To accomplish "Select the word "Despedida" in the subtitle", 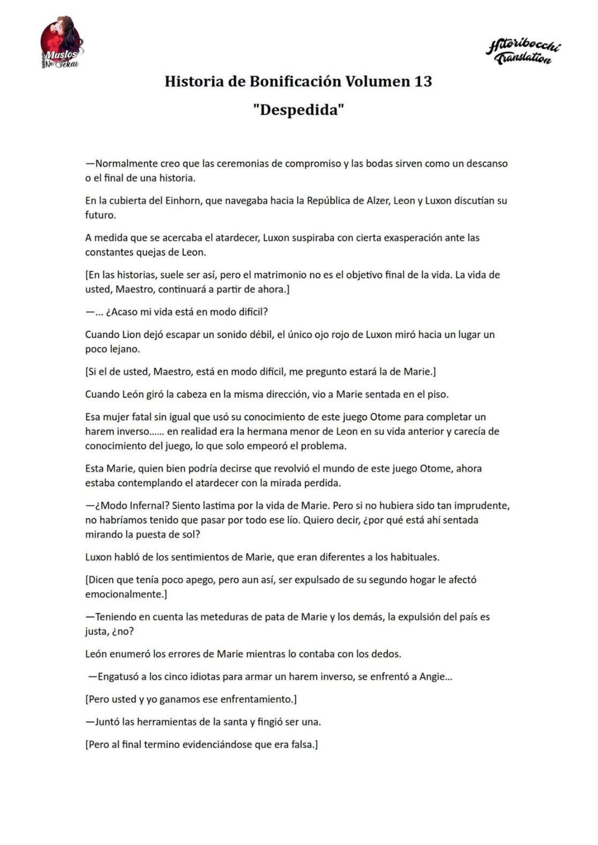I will click(298, 110).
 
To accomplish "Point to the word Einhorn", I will click(183, 200).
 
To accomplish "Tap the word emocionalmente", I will click(124, 594).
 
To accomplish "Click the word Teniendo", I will click(115, 617).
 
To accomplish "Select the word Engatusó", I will click(118, 676).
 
